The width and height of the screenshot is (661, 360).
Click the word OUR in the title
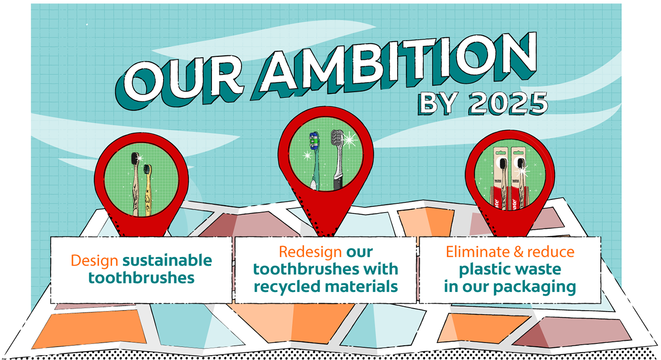click(180, 80)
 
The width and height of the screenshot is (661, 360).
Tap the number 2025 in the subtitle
click(508, 103)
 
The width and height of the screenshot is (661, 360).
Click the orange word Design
click(94, 261)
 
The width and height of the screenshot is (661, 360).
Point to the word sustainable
click(167, 260)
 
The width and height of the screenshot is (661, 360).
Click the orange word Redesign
click(310, 252)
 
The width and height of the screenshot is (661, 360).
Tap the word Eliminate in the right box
click(477, 252)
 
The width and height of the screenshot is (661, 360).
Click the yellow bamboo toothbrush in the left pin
click(147, 190)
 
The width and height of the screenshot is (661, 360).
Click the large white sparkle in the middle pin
click(350, 139)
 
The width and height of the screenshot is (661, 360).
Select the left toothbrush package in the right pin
click(500, 178)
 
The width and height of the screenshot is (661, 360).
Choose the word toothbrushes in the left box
click(142, 278)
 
